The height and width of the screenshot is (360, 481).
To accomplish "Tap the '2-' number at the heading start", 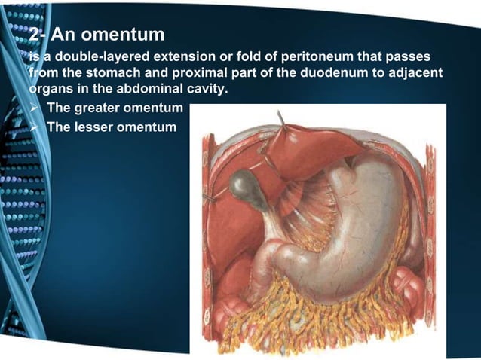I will click(38, 35).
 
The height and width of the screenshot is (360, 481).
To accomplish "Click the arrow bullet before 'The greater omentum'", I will click(34, 109).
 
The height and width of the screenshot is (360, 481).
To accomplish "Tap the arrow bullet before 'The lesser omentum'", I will click(34, 126).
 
